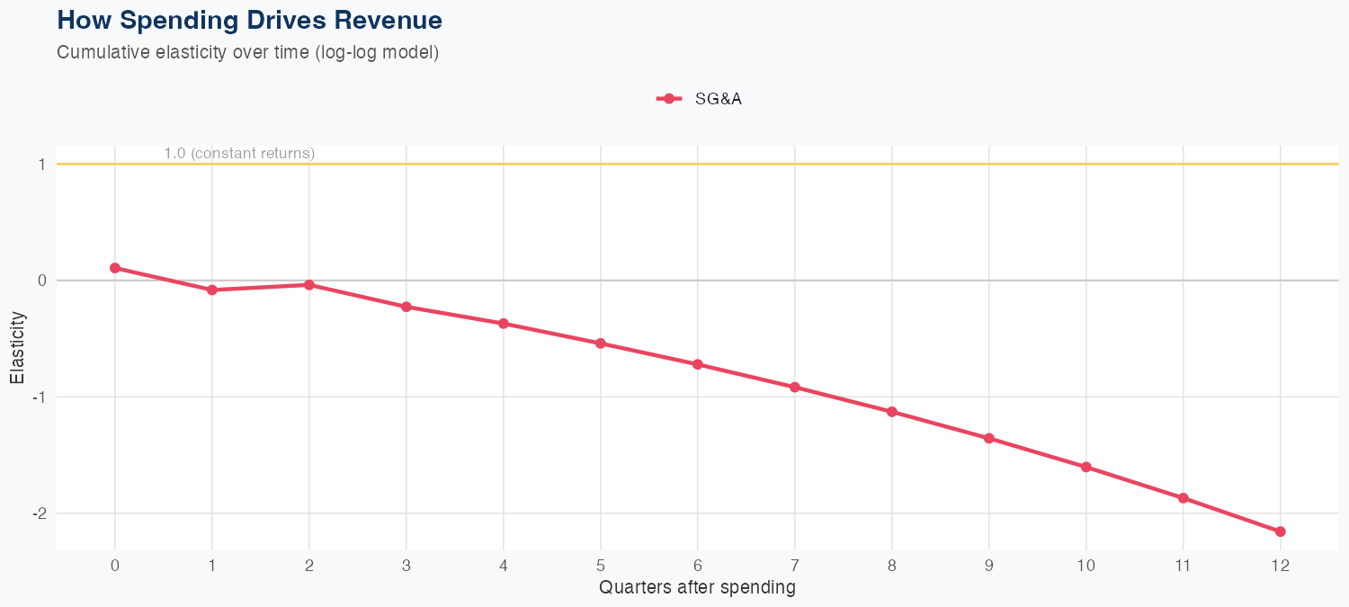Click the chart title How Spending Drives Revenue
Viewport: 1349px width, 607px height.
(x=249, y=20)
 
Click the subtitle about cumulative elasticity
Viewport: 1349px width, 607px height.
(x=247, y=52)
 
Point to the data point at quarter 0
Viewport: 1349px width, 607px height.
(x=115, y=268)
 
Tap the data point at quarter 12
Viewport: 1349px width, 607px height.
(x=1280, y=531)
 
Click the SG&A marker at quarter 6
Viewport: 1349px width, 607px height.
(x=697, y=364)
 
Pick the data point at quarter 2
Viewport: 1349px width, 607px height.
(x=309, y=285)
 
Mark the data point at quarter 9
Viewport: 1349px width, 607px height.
(x=988, y=438)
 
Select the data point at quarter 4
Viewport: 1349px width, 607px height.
(x=504, y=324)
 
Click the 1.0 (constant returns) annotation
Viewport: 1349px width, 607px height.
(x=239, y=154)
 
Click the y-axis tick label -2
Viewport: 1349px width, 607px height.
(x=40, y=513)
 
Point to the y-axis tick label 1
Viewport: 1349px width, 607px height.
(x=42, y=165)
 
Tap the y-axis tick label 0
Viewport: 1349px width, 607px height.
(x=42, y=281)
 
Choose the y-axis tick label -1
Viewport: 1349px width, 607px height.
(x=40, y=397)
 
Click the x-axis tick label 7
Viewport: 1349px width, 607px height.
(x=794, y=566)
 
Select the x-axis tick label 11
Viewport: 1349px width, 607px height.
(x=1183, y=566)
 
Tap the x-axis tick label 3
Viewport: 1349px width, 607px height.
(x=406, y=566)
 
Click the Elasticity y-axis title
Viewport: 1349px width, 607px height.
(x=17, y=347)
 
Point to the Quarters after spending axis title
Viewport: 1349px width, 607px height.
(x=697, y=588)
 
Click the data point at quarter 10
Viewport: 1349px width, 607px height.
(x=1085, y=468)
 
